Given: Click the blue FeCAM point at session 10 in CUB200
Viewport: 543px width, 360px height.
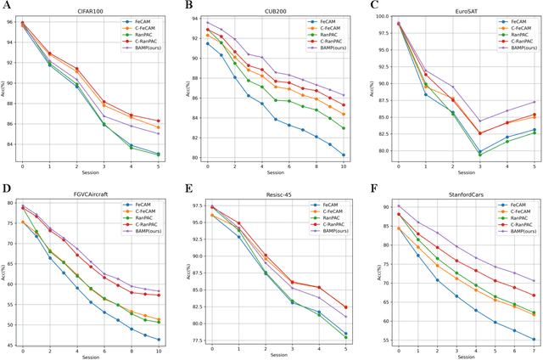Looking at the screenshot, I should tap(343, 155).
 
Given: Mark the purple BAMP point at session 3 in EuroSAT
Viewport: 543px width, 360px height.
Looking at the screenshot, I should tap(479, 121).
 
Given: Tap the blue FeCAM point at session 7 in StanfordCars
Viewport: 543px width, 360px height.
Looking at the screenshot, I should tap(533, 339).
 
